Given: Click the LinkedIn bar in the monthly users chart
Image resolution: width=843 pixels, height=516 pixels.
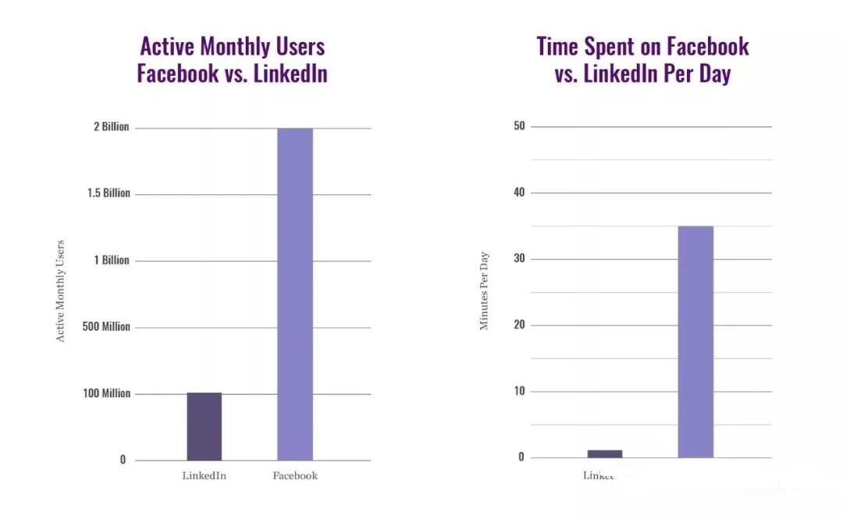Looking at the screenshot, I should (204, 426).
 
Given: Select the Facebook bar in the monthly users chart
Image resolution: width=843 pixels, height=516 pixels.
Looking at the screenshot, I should (295, 294).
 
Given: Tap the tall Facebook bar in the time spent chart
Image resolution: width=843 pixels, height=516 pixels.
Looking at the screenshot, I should (695, 342).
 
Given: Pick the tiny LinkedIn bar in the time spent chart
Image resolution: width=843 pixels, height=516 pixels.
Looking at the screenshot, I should (604, 454).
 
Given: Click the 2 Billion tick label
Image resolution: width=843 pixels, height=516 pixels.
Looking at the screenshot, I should (111, 127).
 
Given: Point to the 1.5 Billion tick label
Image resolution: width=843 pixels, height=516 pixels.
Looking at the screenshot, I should (108, 194).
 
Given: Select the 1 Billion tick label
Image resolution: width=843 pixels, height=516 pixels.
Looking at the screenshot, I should (112, 260).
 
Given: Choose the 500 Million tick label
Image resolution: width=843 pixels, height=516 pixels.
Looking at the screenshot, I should (107, 327).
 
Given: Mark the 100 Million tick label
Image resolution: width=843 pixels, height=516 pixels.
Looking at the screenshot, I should (107, 393).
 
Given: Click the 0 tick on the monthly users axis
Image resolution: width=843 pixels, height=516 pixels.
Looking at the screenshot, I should (123, 460).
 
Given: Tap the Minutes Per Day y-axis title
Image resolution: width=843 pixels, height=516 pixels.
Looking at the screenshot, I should (484, 290).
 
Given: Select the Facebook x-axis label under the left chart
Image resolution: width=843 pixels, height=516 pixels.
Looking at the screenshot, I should (295, 476).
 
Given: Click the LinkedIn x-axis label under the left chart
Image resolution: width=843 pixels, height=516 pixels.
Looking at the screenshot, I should (204, 476).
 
